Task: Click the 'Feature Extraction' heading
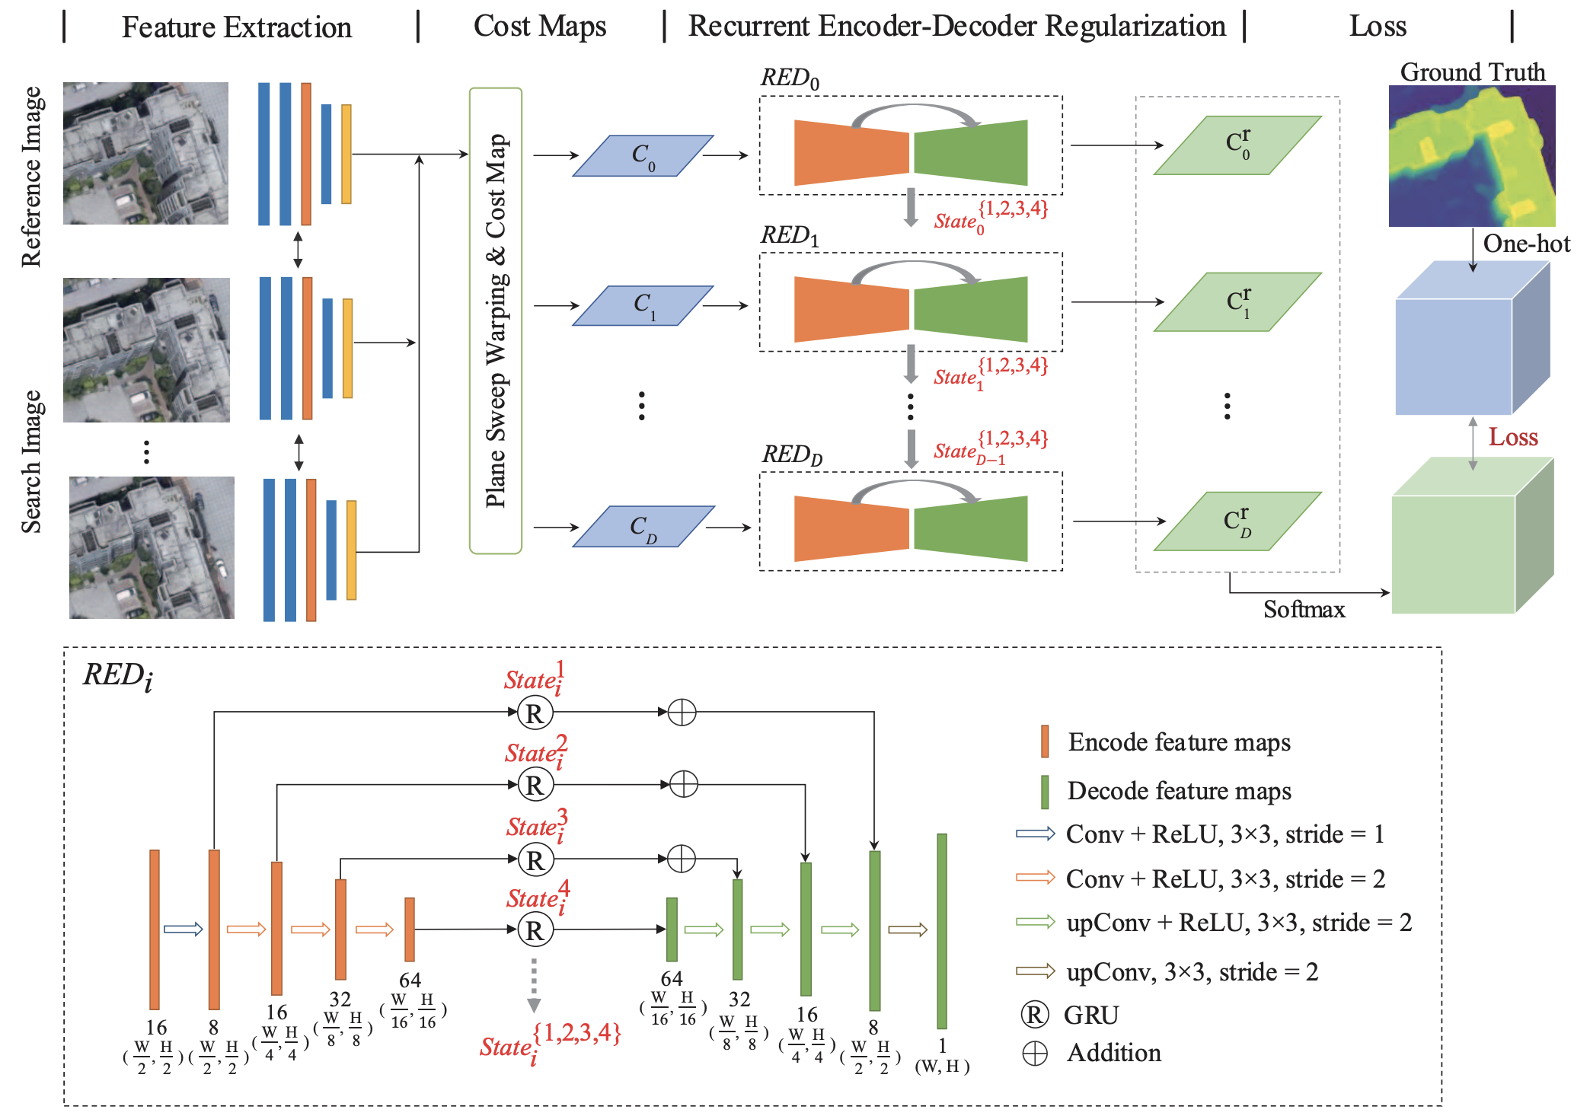pos(236,27)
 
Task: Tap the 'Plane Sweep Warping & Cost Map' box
pos(496,320)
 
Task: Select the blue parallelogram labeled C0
pos(643,156)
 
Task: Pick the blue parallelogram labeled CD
pos(643,527)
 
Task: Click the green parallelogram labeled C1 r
pos(1237,302)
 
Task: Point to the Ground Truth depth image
pos(1471,156)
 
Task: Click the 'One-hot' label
pos(1526,244)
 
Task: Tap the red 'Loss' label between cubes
pos(1513,437)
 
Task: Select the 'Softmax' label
pos(1304,610)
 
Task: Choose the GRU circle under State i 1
pos(535,713)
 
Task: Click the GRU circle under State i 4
pos(535,929)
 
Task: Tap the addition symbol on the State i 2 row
pos(683,784)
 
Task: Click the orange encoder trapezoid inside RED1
pos(851,309)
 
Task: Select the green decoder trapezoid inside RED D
pos(971,528)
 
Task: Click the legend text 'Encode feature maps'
pos(1179,742)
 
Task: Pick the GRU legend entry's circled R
pos(1034,1015)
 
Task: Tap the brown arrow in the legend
pos(1035,971)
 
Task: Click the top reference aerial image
pos(145,153)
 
